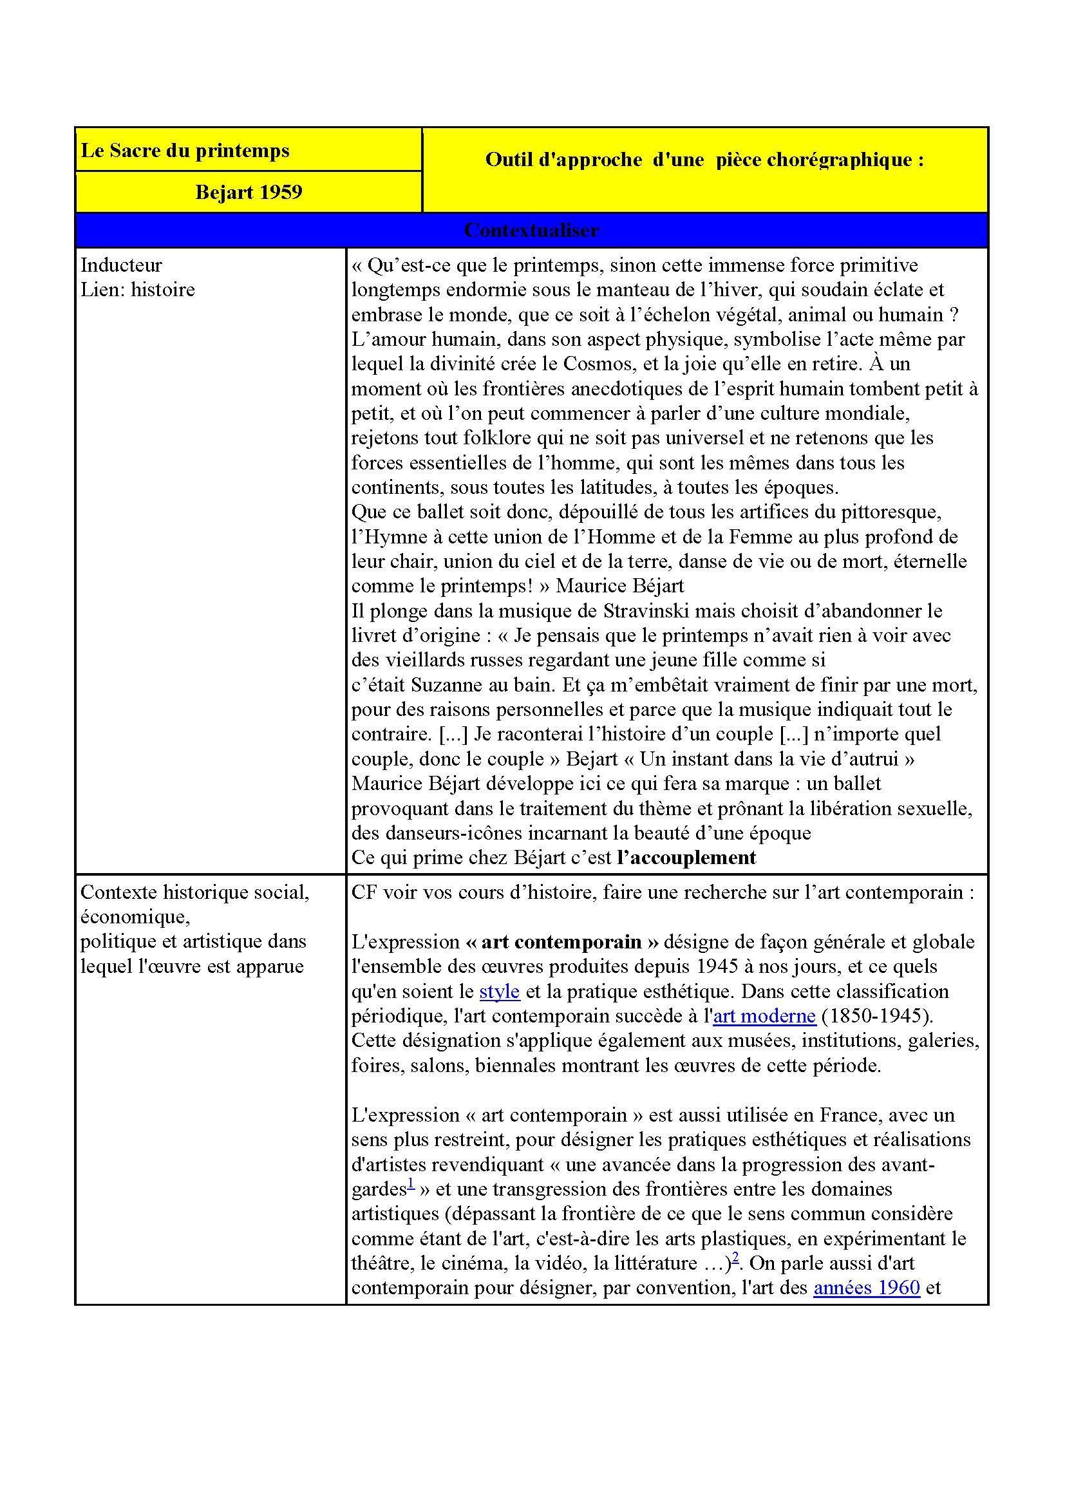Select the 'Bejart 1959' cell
(x=249, y=192)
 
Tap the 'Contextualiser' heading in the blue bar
(x=531, y=231)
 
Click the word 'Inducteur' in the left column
(x=120, y=265)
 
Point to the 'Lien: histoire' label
(x=138, y=289)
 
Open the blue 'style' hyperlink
(x=500, y=990)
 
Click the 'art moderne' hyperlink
(x=764, y=1015)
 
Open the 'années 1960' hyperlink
(x=866, y=1287)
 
